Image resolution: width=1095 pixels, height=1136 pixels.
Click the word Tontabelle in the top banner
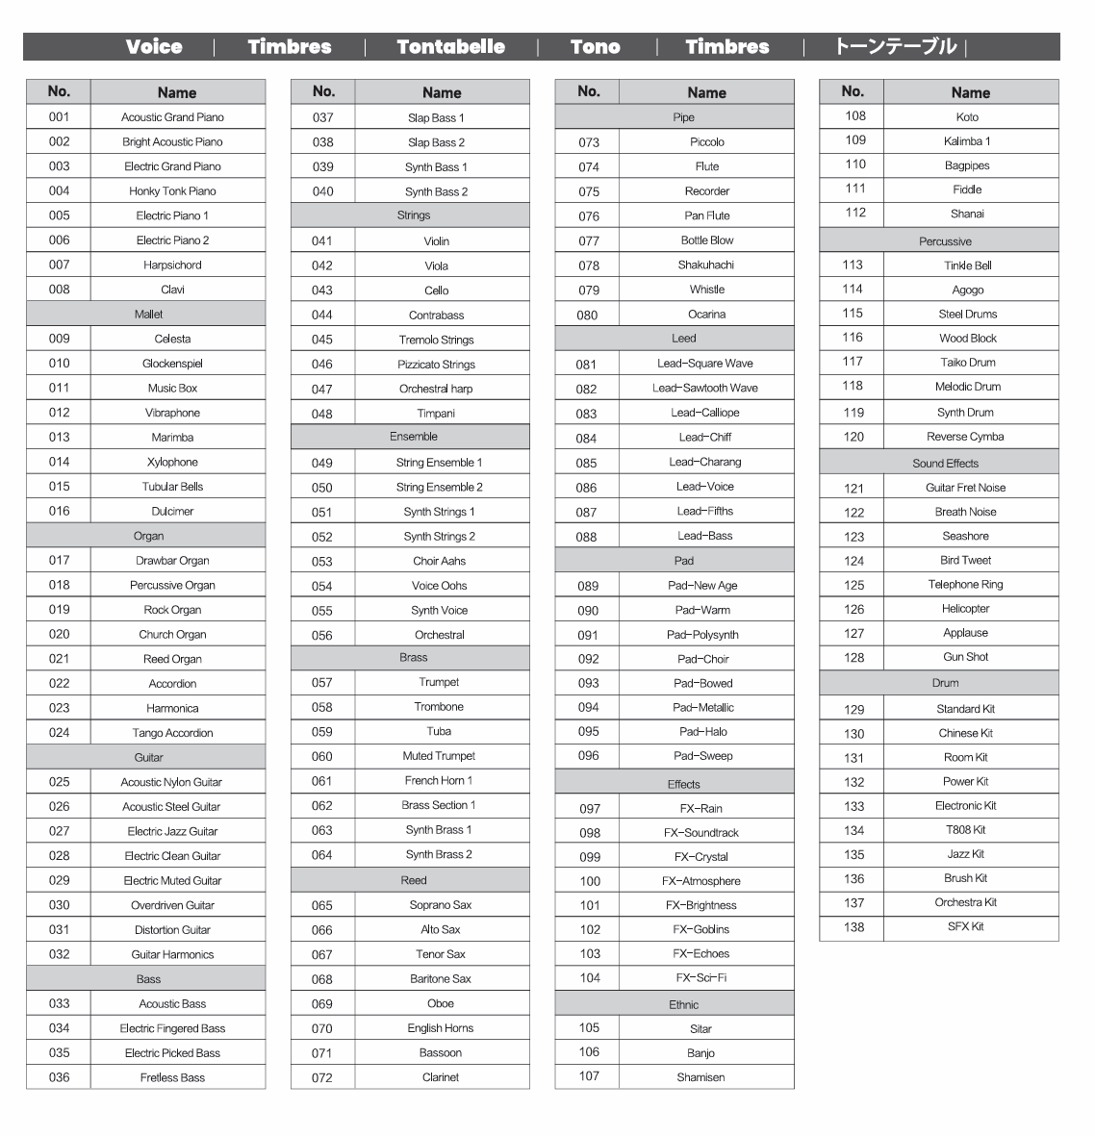click(450, 46)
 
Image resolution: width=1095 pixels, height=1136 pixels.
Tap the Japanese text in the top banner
click(895, 46)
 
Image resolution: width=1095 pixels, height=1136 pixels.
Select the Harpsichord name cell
click(172, 265)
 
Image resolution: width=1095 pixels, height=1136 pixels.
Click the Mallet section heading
click(148, 314)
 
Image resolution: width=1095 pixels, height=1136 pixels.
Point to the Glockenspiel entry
click(172, 364)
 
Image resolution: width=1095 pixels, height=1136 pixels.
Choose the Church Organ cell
click(172, 634)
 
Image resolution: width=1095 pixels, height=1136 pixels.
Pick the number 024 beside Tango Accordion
click(59, 732)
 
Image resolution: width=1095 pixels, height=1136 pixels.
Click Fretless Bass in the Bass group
click(172, 1077)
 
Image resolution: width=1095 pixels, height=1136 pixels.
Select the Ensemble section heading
click(414, 437)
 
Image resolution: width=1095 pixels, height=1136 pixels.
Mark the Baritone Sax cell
click(440, 979)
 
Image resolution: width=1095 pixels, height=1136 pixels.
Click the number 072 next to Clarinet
click(322, 1077)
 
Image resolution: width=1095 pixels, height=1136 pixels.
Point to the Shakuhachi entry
click(706, 265)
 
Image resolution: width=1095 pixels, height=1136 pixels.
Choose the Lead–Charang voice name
click(705, 462)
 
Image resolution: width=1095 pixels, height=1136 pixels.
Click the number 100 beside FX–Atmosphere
click(589, 880)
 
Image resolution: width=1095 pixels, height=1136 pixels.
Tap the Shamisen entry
click(700, 1077)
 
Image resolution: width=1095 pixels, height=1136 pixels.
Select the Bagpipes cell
click(967, 165)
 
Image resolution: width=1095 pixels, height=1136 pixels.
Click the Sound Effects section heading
click(945, 463)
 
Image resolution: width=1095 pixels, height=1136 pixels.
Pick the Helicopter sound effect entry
click(965, 609)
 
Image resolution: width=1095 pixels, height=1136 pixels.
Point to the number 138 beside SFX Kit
click(853, 927)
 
